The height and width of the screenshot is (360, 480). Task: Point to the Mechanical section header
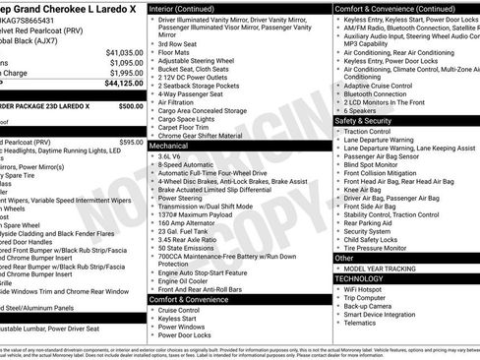(169, 144)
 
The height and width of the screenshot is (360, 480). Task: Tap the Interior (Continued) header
(189, 8)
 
